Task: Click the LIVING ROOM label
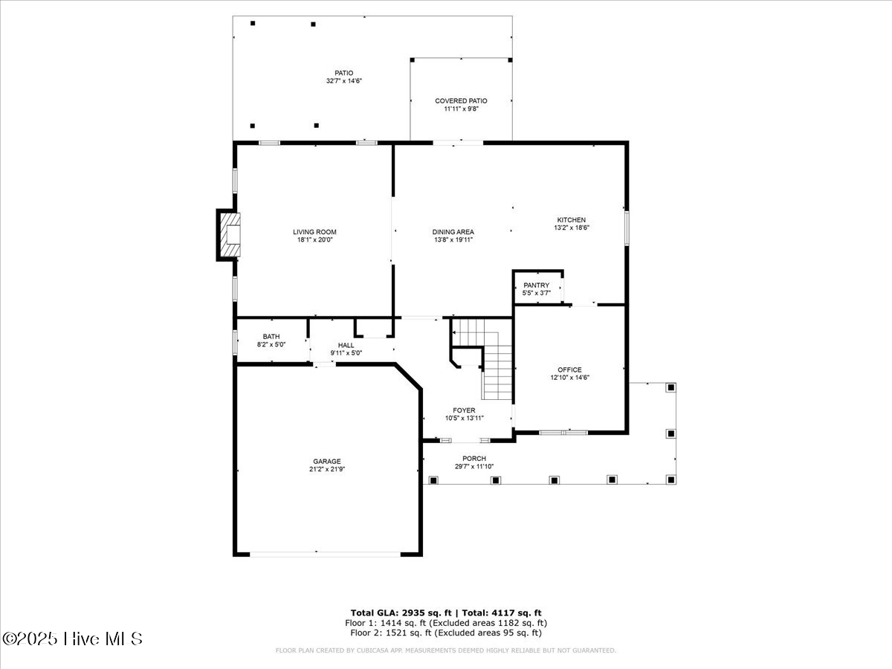coord(314,232)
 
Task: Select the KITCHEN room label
coord(572,220)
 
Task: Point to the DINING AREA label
coord(453,232)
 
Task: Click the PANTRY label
coord(536,285)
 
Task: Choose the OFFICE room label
coord(569,369)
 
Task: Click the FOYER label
coord(464,410)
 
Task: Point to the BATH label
coord(271,337)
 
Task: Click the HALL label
coord(346,345)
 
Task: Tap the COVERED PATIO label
coord(461,100)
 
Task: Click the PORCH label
coord(474,459)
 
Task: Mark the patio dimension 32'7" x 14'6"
coord(343,81)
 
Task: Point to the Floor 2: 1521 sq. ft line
coord(446,633)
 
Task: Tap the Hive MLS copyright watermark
coord(72,639)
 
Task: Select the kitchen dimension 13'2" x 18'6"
coord(572,228)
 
